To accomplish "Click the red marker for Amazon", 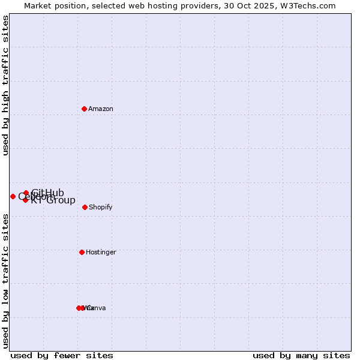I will pos(85,109).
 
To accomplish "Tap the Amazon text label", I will pos(101,109).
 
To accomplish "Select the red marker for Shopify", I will pos(85,207).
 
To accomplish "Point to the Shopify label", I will pos(101,207).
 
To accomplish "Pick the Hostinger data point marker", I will pos(82,252).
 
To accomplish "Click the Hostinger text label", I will pos(101,252).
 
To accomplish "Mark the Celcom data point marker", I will pos(13,196).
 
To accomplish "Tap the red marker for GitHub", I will pos(26,193).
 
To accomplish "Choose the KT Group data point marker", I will pos(25,200).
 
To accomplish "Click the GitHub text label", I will pos(48,192).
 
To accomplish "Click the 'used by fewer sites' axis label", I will pos(62,355).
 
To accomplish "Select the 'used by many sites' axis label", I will pos(301,355).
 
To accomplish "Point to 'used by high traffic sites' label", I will pos(6,86).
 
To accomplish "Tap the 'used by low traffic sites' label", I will pos(6,281).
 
